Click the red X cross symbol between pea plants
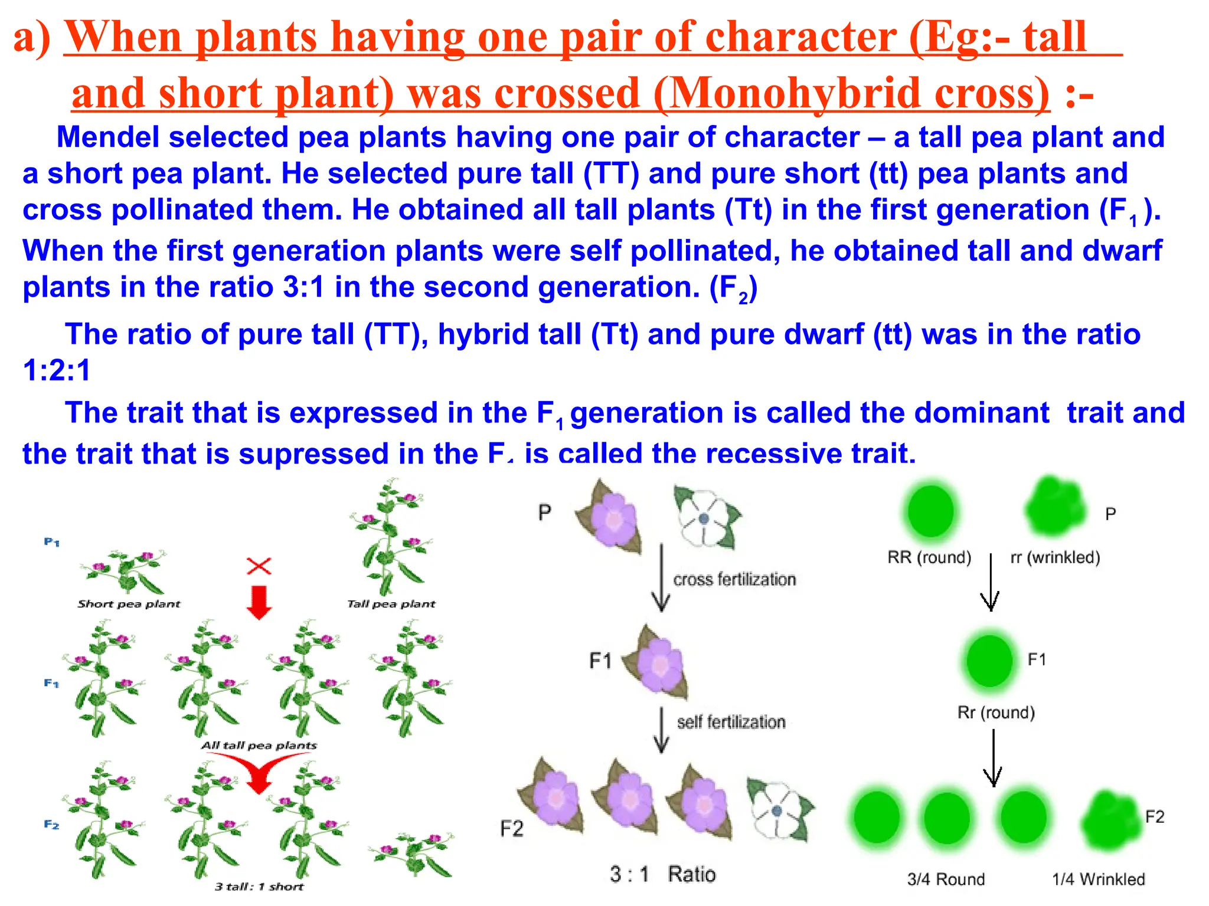click(259, 566)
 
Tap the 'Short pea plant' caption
click(129, 604)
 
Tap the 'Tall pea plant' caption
click(391, 604)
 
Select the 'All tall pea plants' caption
click(259, 746)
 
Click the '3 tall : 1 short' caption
click(259, 887)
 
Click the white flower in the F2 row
click(779, 810)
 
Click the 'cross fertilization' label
click(734, 579)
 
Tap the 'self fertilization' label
click(731, 722)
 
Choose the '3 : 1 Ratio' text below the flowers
click(662, 874)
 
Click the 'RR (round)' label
click(929, 557)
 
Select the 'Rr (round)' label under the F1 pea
click(996, 713)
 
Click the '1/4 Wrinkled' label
click(1098, 879)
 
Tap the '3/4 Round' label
click(946, 879)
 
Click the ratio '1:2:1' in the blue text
click(57, 371)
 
